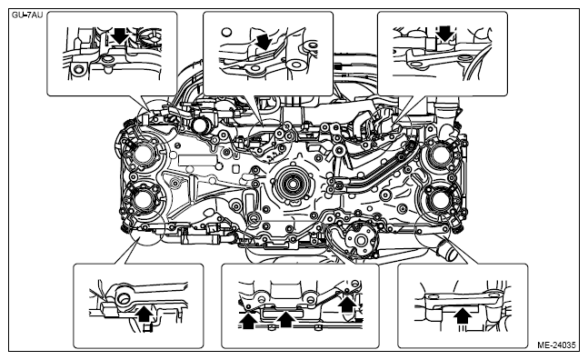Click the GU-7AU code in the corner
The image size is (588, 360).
point(27,15)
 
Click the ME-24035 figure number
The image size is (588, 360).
point(556,345)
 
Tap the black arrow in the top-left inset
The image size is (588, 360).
point(120,35)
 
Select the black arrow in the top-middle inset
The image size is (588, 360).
point(264,41)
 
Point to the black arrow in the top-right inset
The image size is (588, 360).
point(445,34)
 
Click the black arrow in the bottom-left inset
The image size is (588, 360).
point(145,314)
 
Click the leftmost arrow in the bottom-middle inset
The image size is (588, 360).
point(247,321)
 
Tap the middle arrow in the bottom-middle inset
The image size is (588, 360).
point(286,319)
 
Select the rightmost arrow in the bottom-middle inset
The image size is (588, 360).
point(348,304)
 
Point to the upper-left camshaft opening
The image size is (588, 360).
point(143,155)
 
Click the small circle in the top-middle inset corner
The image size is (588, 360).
point(226,32)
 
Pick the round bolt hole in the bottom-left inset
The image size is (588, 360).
point(123,299)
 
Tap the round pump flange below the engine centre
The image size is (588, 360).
point(361,239)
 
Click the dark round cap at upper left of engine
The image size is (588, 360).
point(201,125)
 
